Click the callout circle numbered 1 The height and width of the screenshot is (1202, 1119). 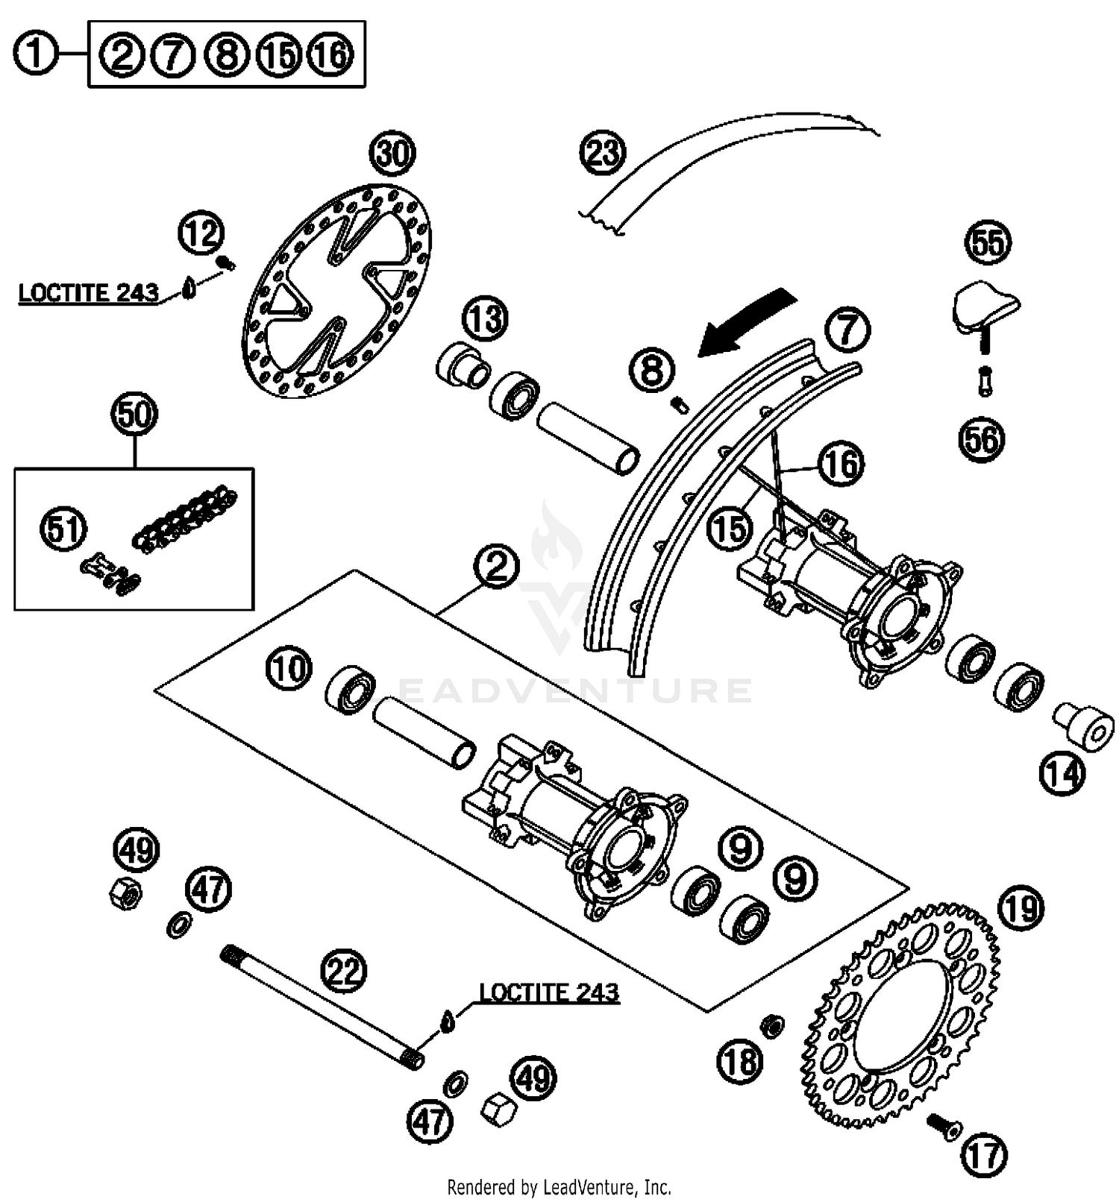click(x=36, y=55)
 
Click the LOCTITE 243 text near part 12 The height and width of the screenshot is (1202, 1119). click(x=88, y=293)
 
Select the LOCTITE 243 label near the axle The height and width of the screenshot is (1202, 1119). click(x=548, y=992)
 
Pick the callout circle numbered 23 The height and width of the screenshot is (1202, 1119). click(x=603, y=153)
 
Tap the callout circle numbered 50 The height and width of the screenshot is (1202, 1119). click(x=134, y=414)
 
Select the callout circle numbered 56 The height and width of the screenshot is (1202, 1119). click(x=982, y=440)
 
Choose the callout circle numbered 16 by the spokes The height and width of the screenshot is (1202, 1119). click(x=841, y=464)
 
